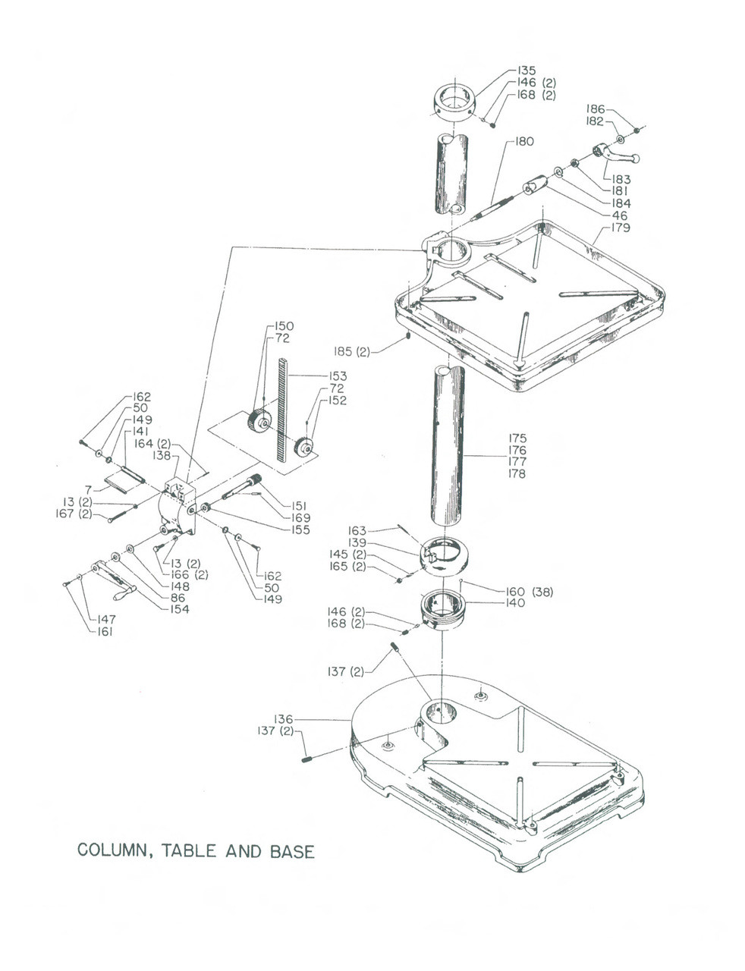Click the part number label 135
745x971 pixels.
coord(527,71)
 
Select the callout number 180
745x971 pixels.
coord(524,142)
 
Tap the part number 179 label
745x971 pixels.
coord(621,228)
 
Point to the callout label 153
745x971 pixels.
coord(338,376)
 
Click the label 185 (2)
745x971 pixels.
coord(352,351)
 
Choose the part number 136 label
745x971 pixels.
coord(283,719)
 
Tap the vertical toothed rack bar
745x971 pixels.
coord(284,410)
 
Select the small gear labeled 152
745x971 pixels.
coord(304,448)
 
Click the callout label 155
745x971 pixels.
coord(300,529)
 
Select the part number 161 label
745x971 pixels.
coord(104,631)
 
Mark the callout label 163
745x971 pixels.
coord(357,531)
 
